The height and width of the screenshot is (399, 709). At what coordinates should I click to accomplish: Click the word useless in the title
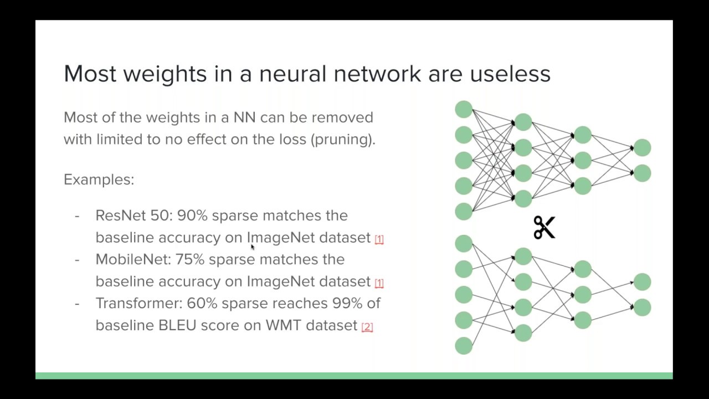510,74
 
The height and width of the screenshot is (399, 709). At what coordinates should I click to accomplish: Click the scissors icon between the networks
544,227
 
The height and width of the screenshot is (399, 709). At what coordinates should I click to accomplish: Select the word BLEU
177,325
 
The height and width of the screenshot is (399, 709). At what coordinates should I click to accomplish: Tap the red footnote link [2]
367,327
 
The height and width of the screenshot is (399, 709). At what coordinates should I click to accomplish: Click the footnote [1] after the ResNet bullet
379,239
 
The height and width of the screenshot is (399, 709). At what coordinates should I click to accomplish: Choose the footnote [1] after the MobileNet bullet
379,283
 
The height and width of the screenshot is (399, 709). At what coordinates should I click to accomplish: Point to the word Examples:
99,180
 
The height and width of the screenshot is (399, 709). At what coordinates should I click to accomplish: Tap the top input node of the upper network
464,109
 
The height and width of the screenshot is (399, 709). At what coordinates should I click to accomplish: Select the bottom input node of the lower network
464,346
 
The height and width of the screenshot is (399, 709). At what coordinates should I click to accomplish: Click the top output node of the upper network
642,147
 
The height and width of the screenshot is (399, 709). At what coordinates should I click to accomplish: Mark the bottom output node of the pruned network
642,307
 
